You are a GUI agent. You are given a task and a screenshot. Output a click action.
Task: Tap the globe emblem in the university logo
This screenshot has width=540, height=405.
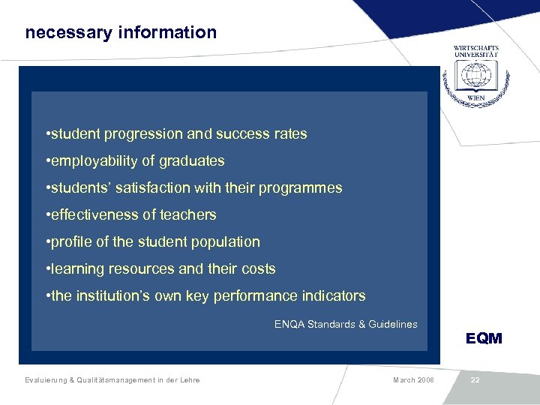pos(475,77)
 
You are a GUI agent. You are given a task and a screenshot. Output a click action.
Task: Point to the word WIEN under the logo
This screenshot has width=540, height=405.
pos(475,98)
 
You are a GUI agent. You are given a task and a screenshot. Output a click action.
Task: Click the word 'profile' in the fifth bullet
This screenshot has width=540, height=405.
pos(72,242)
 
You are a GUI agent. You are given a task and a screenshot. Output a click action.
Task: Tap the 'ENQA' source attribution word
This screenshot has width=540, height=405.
pos(289,324)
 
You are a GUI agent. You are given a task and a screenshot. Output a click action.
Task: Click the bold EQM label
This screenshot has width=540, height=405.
pos(484,338)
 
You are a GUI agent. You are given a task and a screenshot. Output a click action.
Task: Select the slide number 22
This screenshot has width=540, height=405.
pos(475,380)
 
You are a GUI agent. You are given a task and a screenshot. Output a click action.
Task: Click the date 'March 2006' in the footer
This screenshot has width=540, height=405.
pos(412,380)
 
